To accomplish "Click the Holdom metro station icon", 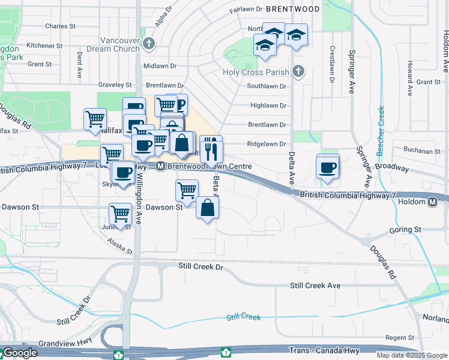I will tap(433, 202).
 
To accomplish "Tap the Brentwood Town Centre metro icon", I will tap(161, 166).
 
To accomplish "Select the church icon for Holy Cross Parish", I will tap(298, 72).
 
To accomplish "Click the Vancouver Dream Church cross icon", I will tap(149, 43).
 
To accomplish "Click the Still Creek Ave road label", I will tap(315, 286).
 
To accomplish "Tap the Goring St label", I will tap(405, 230).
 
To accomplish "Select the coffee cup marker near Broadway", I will tap(328, 167).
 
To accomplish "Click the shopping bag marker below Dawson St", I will tap(207, 208).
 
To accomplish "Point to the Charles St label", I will tap(60, 26).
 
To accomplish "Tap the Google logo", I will tap(19, 353).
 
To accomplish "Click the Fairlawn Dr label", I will tap(246, 9).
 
